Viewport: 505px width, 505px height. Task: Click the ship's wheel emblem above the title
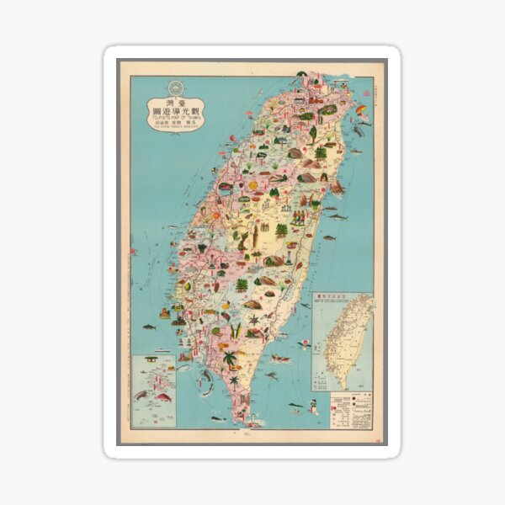coord(175,86)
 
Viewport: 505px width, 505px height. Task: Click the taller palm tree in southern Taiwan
coord(230,359)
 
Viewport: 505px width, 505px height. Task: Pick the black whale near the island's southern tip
coord(217,417)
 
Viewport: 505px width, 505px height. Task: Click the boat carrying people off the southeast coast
coord(280,359)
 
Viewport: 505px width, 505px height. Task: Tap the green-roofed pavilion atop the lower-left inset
coord(151,359)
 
